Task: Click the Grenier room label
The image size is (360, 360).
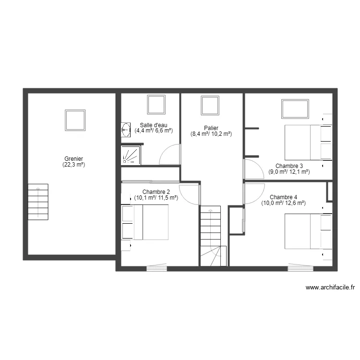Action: click(74, 159)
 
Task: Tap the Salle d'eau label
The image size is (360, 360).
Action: click(154, 125)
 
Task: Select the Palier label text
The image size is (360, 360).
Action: click(211, 128)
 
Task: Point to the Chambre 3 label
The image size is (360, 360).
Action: click(289, 166)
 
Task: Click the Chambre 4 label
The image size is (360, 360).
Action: click(283, 197)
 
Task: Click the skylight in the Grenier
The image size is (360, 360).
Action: click(75, 120)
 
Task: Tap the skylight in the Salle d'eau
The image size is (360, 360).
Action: click(156, 104)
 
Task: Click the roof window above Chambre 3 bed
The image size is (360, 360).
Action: click(295, 108)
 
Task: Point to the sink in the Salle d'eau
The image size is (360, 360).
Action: click(126, 129)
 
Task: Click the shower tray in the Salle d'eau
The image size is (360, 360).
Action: click(131, 155)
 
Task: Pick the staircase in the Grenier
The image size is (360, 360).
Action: click(38, 201)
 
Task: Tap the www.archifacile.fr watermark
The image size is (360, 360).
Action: click(330, 288)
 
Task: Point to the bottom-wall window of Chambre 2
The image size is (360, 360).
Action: click(156, 268)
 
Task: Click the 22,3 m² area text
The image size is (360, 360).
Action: click(73, 165)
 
